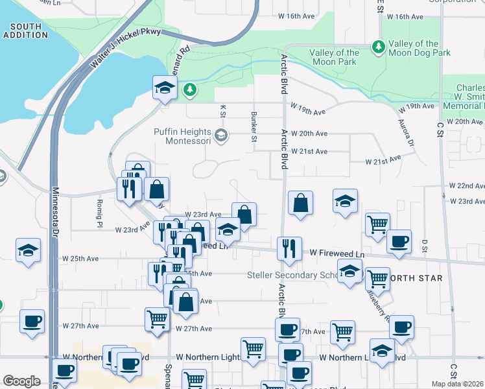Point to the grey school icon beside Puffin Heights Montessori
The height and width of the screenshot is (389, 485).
(221, 136)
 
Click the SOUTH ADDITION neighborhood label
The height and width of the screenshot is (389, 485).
(26, 31)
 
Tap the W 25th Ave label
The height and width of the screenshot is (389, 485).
(80, 258)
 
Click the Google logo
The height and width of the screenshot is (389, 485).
(22, 381)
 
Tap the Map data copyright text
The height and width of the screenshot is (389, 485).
(458, 384)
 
